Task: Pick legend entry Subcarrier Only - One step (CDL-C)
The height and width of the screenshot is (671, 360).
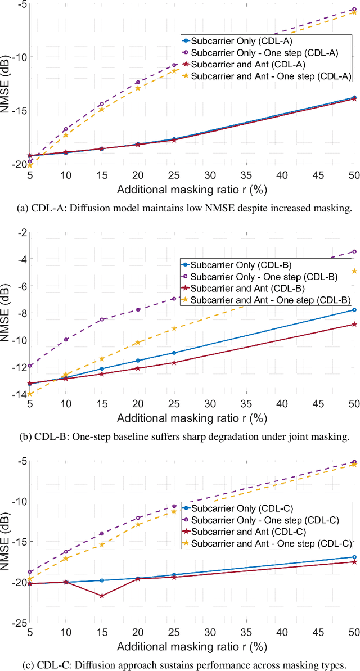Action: click(x=264, y=520)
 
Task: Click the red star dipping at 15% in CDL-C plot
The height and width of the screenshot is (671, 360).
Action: click(x=102, y=596)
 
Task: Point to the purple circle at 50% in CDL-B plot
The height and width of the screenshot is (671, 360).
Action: click(x=354, y=251)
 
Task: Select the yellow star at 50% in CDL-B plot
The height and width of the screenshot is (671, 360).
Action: click(x=354, y=271)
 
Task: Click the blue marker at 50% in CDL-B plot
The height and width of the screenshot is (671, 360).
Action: click(x=354, y=310)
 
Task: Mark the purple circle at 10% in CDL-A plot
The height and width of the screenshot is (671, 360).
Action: click(x=66, y=129)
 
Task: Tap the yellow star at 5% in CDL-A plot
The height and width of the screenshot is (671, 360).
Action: click(x=30, y=165)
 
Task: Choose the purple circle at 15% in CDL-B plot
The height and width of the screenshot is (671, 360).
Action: click(x=102, y=319)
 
